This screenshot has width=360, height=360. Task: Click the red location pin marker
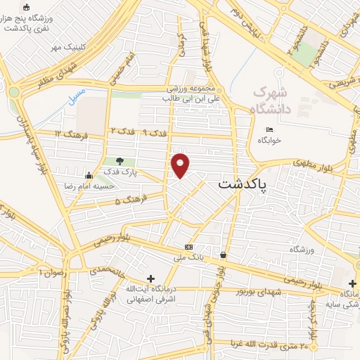coord(181,165)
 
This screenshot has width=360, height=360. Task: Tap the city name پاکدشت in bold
coord(243,184)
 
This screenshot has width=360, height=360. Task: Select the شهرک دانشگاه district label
coord(269,101)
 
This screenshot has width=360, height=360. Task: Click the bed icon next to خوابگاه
coord(270,129)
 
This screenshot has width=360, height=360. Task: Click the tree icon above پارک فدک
coord(120,161)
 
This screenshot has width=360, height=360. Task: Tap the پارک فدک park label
coord(120,172)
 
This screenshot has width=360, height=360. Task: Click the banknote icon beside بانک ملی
coord(188,247)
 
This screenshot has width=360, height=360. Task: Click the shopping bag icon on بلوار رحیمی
coord(223,255)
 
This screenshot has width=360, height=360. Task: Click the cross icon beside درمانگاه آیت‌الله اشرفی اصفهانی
coord(150,279)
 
